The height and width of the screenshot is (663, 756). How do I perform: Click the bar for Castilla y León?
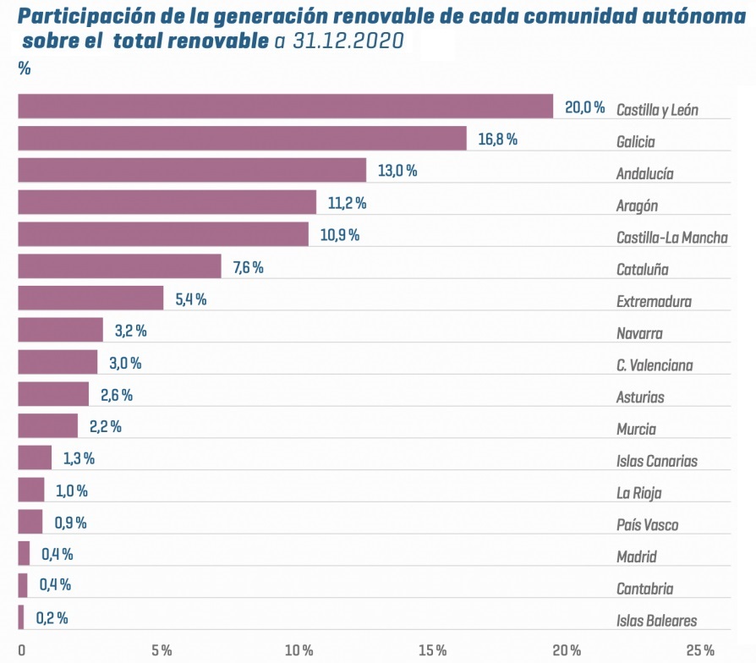[285, 107]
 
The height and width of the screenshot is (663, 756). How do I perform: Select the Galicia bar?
[242, 139]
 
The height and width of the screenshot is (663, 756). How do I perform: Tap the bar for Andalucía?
[192, 171]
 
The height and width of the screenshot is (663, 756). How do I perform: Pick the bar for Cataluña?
[119, 267]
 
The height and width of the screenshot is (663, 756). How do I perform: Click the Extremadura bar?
[90, 299]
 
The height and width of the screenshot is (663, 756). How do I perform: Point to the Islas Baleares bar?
[21, 618]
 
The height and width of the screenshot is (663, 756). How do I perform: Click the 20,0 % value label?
[585, 107]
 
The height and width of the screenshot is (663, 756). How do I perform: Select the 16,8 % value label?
[497, 140]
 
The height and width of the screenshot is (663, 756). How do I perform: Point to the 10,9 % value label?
[339, 235]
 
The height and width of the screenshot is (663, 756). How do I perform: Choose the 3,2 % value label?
[130, 331]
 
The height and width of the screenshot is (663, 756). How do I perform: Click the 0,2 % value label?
[52, 618]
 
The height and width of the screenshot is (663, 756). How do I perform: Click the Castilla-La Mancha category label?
[671, 238]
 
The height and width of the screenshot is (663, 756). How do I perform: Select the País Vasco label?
[647, 525]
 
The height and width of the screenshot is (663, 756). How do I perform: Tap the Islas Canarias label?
[656, 461]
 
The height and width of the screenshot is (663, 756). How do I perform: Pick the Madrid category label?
[636, 557]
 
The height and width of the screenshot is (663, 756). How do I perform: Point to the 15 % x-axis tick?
[432, 650]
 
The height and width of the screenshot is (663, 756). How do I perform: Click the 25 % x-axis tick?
[700, 650]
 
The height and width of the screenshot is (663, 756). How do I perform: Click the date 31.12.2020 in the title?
[348, 41]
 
